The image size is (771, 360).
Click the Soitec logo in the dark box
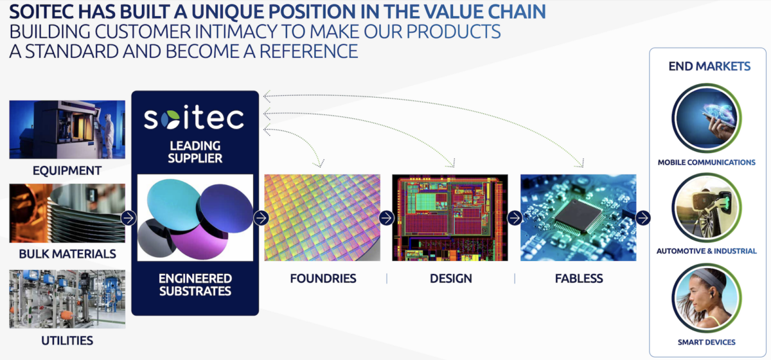click(x=194, y=119)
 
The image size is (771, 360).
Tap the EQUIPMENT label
click(x=67, y=170)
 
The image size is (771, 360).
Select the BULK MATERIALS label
click(x=67, y=253)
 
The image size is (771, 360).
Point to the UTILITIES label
click(x=67, y=340)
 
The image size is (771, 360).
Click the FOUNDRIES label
click(x=323, y=278)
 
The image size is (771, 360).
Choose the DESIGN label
click(x=450, y=278)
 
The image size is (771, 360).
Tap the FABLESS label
click(x=578, y=278)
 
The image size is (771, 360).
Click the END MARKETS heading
click(x=709, y=66)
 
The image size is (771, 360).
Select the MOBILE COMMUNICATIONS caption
click(x=707, y=163)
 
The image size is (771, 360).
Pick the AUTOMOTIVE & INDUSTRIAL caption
click(x=707, y=251)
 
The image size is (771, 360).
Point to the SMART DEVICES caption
click(x=707, y=342)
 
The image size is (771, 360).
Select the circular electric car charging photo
click(x=707, y=208)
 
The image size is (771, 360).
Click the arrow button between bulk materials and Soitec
click(x=128, y=218)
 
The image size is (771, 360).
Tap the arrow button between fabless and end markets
click(x=643, y=218)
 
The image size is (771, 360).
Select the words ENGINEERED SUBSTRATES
click(x=195, y=285)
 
